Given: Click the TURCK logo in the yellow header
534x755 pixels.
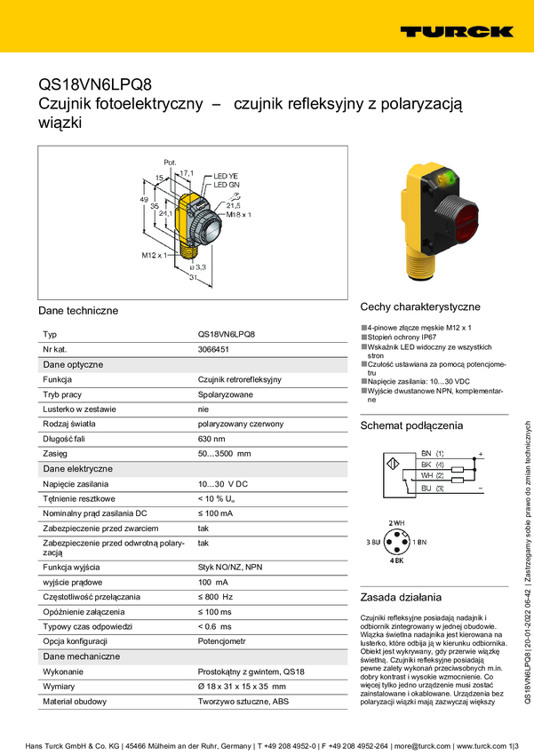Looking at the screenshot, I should tap(456, 32).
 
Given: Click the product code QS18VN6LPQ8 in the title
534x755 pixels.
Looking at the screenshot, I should tap(95, 84).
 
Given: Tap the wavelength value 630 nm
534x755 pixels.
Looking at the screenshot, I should tap(211, 439).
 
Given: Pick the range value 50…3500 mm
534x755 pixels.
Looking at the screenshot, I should tap(224, 454).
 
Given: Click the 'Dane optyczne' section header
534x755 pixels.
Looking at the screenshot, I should tap(73, 364).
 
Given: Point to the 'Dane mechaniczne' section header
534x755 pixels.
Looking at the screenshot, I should tap(82, 656).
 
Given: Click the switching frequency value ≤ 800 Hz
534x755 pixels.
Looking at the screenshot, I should tap(215, 596).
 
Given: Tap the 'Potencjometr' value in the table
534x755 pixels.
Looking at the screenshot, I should tap(223, 640).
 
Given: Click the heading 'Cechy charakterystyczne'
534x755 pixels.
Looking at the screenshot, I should tap(419, 306).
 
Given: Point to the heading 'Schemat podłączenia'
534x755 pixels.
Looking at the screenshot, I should tap(411, 425).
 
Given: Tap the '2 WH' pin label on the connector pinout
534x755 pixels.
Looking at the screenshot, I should tap(397, 522).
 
